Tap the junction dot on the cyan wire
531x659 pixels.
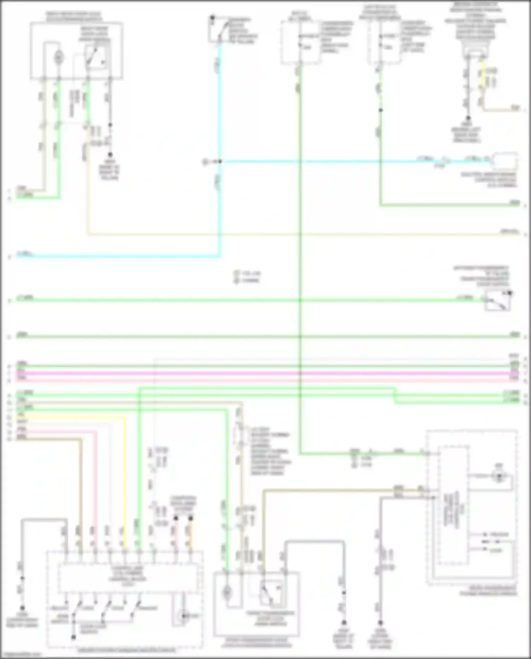coord(220,161)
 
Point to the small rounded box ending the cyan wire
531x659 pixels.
coord(506,161)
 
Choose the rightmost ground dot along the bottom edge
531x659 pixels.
coord(381,622)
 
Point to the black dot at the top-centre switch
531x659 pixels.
coord(212,17)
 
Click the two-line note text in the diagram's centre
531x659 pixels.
coord(247,277)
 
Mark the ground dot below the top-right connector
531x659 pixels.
coord(468,118)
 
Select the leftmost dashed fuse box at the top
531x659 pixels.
coord(300,42)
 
